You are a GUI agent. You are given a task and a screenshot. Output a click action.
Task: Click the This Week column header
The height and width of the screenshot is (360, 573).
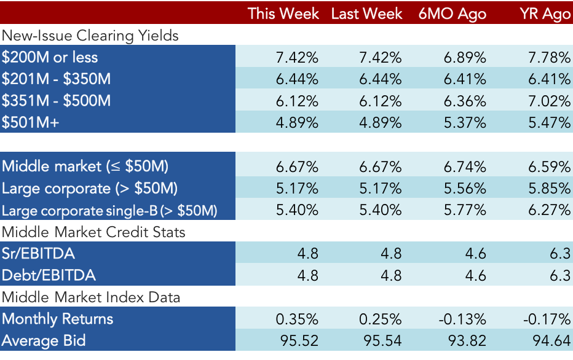[x=283, y=14]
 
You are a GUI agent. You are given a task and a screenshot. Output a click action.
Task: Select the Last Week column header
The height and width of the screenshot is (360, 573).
[x=366, y=14]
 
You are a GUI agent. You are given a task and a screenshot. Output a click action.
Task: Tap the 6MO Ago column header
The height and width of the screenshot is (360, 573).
[x=452, y=14]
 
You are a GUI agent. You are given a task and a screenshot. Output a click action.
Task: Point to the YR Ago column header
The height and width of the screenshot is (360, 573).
[x=545, y=14]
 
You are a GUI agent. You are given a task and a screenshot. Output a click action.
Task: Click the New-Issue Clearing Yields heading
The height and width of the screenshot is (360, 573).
[x=90, y=36]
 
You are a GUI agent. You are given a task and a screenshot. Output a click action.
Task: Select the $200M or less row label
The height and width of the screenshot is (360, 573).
[x=50, y=57]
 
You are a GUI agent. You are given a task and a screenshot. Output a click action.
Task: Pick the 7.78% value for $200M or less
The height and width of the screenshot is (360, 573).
[x=549, y=57]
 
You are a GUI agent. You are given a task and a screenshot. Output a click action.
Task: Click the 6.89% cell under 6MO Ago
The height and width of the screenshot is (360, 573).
[x=465, y=57]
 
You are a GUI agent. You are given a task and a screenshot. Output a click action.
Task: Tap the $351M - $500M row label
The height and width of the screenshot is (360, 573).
[x=56, y=101]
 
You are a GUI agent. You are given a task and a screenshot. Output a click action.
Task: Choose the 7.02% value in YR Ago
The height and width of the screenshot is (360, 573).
[x=549, y=101]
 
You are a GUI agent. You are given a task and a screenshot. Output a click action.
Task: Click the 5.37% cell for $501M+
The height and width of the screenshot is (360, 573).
[x=465, y=123]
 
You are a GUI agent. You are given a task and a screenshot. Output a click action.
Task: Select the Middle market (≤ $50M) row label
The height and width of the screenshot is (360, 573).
[x=85, y=166]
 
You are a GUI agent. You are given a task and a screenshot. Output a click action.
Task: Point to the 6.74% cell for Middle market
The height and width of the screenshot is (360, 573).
[x=465, y=167]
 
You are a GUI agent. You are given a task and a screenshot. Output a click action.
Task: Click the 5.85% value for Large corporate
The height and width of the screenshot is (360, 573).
[x=549, y=189]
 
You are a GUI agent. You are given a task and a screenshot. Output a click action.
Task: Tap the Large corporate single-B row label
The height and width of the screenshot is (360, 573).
[x=109, y=211]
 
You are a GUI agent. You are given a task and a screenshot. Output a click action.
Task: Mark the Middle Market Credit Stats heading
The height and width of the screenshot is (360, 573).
[x=93, y=232]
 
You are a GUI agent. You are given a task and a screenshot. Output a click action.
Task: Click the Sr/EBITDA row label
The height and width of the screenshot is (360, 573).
[x=38, y=253]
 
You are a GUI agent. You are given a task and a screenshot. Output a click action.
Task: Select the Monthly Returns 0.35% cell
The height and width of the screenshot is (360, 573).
[x=297, y=319]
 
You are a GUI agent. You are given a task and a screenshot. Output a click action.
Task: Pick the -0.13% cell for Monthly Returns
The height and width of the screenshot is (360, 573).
[x=462, y=319]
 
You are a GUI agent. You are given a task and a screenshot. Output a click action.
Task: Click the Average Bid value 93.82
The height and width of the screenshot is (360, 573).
[x=467, y=341]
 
